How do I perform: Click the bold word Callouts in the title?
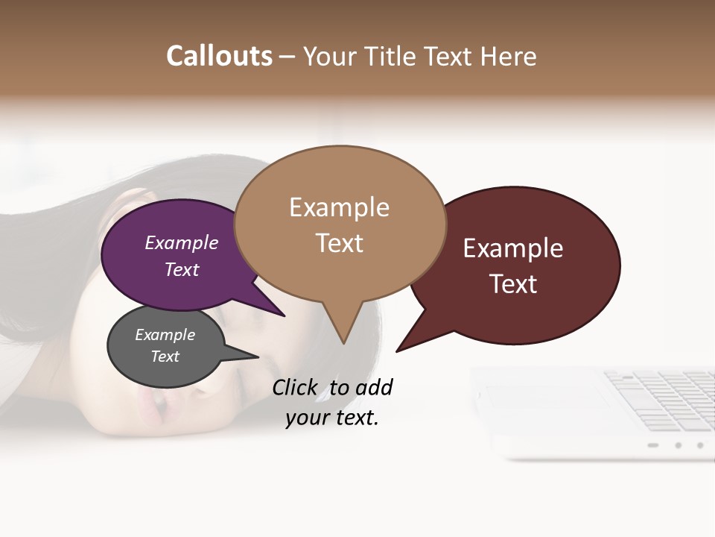[219, 56]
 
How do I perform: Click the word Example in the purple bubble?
[182, 242]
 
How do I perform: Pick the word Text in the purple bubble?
[182, 269]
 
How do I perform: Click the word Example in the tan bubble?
[339, 207]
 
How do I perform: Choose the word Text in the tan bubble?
[339, 243]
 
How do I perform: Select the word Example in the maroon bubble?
[513, 248]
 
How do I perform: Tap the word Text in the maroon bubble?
[513, 284]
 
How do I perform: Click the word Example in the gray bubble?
[165, 335]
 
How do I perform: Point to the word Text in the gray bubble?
[165, 357]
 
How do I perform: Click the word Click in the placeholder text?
[294, 387]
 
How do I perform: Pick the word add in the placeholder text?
[374, 387]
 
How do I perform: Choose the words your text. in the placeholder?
[331, 418]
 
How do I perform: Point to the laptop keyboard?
[663, 399]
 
